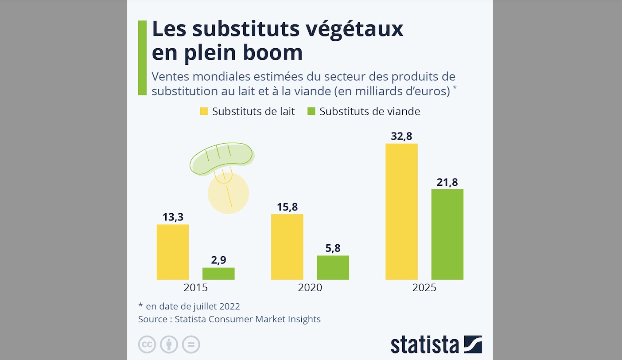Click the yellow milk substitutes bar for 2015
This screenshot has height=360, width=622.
tap(173, 252)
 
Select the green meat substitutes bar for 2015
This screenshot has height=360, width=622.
tap(218, 274)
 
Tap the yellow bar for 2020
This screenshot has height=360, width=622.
tap(287, 247)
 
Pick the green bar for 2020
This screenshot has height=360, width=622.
tap(333, 267)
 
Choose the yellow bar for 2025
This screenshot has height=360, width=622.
tap(401, 211)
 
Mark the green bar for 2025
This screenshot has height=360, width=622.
tap(447, 235)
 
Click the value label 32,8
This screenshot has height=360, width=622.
tap(401, 136)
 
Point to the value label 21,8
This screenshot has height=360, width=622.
tap(447, 182)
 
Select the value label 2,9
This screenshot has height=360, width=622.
tap(218, 260)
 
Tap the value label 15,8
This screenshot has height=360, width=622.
tap(287, 207)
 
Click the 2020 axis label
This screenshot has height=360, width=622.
tap(310, 288)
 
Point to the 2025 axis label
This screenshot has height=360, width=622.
tap(424, 288)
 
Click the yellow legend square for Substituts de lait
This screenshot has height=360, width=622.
tap(204, 111)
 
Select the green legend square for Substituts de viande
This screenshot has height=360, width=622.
tap(311, 111)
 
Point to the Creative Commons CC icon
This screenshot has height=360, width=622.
tap(147, 344)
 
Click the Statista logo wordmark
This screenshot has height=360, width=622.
tap(424, 345)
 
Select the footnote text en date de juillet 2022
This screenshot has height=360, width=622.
tap(193, 306)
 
